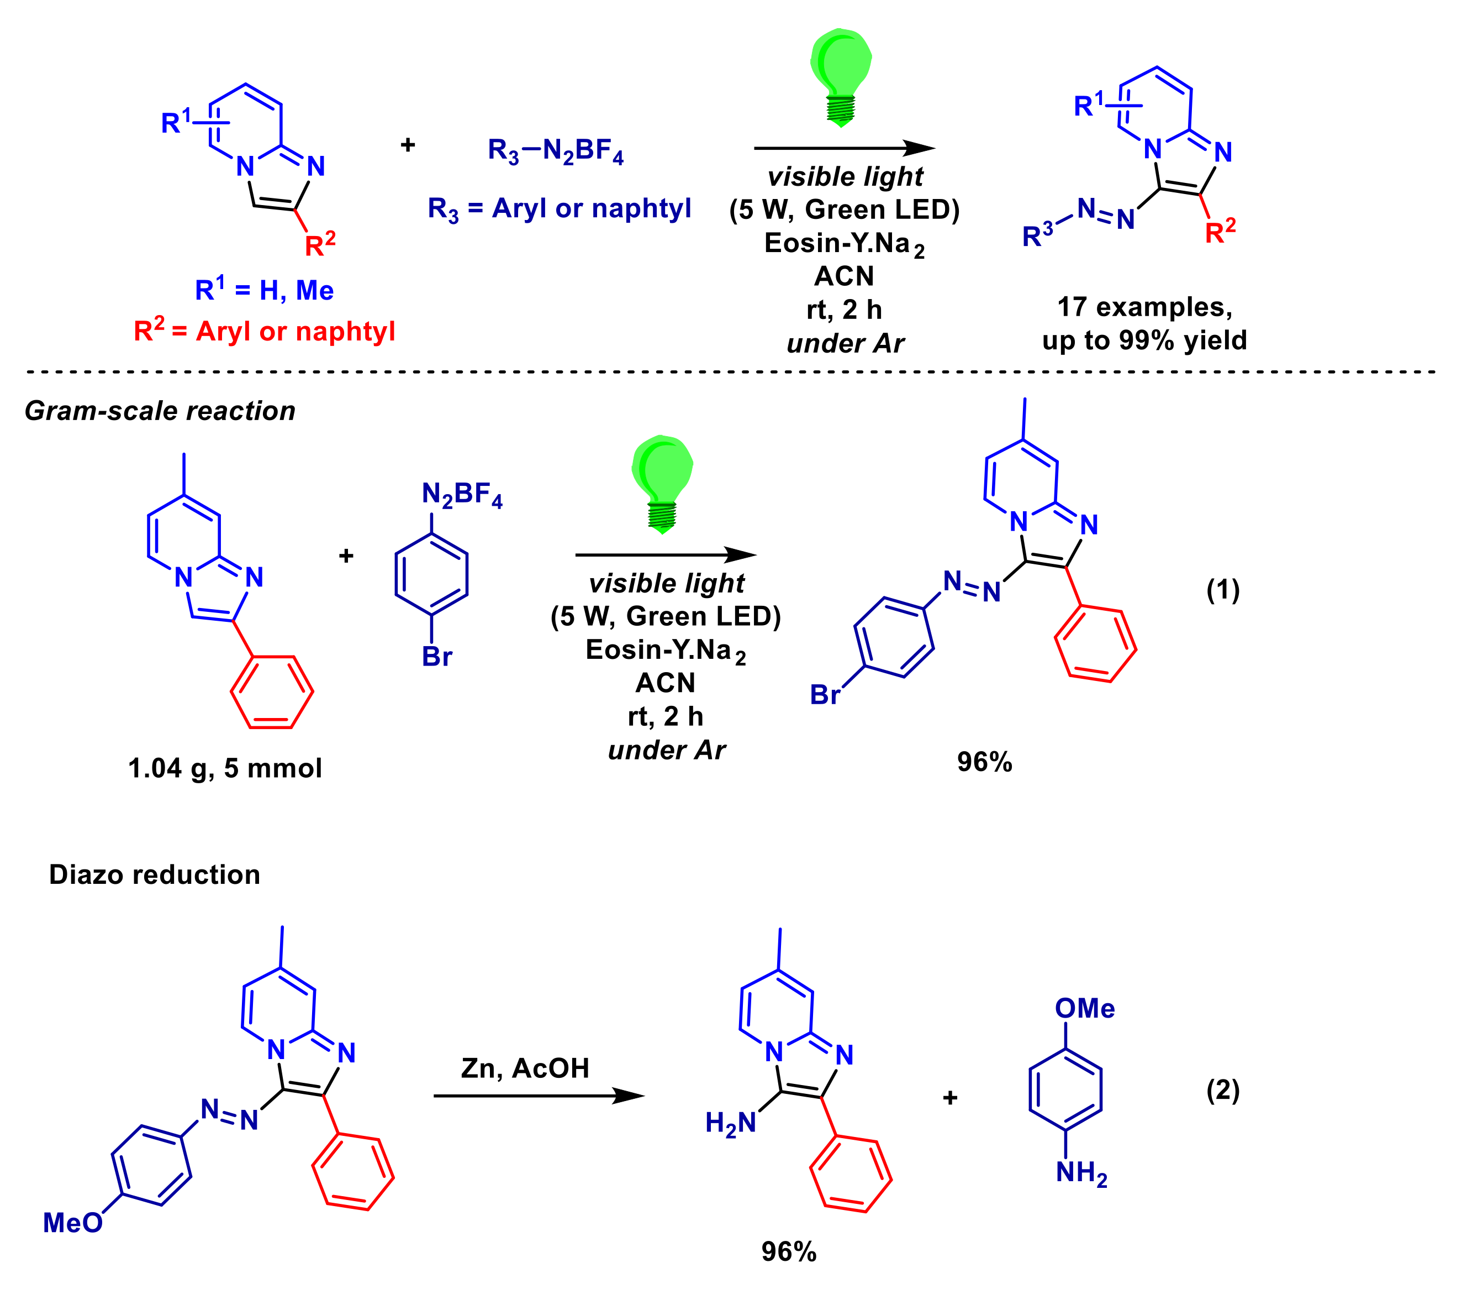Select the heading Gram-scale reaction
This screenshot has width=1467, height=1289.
click(160, 411)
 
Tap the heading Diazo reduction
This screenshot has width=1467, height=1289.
click(154, 874)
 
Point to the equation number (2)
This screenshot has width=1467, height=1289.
click(1222, 1090)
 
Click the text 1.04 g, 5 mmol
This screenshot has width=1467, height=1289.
click(225, 768)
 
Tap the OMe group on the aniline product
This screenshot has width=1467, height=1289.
click(1084, 1008)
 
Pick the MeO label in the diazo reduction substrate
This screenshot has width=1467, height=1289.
click(72, 1223)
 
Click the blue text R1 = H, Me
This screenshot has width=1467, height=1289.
click(264, 290)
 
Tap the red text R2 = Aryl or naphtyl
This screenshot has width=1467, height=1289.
click(264, 331)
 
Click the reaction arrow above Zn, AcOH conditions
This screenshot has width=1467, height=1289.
click(539, 1096)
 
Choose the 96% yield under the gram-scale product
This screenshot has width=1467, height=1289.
click(984, 762)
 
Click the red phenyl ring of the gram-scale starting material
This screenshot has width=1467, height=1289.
click(272, 691)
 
